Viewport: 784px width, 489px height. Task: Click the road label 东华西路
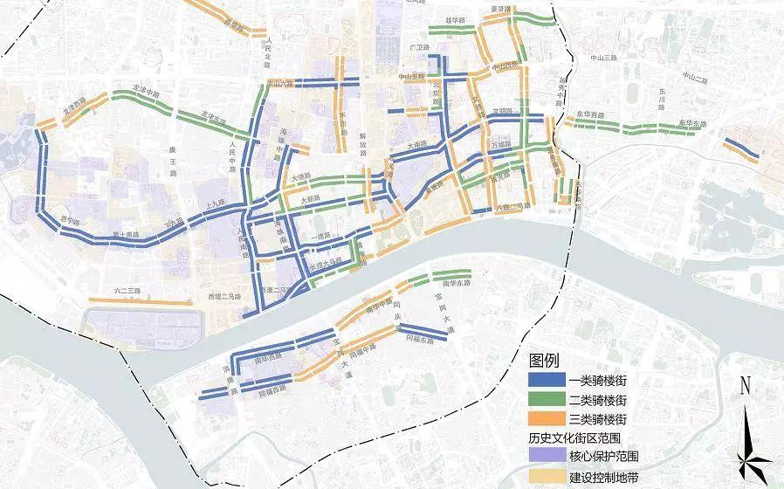pos(591,115)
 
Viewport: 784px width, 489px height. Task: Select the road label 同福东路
pos(419,341)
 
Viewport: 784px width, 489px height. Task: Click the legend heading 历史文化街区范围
pos(577,437)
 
